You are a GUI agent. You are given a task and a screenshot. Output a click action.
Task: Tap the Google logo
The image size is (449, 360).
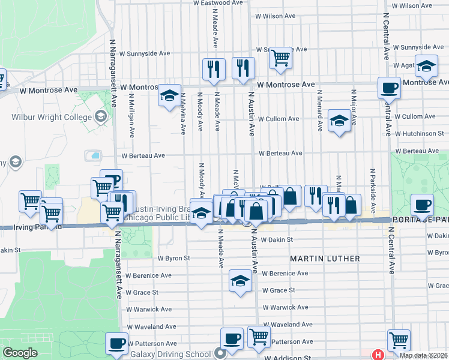20,353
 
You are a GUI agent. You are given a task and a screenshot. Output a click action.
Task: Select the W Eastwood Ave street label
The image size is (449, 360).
218,3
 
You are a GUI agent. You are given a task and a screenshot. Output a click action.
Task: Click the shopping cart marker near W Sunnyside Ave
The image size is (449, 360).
280,58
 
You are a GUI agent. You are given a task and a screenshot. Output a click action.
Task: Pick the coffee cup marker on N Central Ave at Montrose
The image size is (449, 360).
389,88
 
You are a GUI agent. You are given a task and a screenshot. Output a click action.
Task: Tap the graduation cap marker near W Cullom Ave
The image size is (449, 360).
339,122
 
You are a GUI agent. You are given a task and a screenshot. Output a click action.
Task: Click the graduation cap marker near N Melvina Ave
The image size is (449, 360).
169,95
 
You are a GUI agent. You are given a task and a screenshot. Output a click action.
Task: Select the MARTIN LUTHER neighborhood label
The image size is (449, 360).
325,259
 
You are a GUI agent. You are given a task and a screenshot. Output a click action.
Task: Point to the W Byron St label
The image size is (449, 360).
173,258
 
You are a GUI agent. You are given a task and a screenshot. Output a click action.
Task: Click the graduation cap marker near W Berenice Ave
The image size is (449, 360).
240,281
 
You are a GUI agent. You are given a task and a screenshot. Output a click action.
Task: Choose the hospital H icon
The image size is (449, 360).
378,355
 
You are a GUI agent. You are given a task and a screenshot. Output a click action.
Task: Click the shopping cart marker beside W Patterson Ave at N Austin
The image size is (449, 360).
259,336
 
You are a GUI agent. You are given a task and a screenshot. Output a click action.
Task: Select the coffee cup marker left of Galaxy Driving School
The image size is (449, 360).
116,344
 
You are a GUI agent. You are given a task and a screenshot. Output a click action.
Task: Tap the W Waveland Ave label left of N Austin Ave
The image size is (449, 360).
155,326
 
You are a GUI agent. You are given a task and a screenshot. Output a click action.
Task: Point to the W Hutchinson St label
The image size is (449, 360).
418,133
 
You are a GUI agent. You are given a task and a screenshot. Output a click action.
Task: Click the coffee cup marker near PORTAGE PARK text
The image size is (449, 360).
422,205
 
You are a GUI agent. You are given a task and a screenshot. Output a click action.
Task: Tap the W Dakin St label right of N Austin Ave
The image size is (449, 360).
276,239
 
